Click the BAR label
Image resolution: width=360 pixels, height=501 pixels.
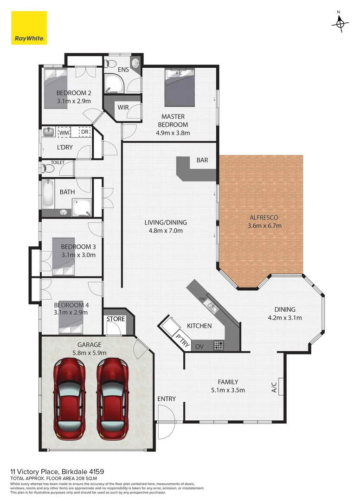[x=202, y=160]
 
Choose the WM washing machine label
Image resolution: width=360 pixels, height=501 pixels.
[x=63, y=133]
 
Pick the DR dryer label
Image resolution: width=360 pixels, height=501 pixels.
[x=84, y=133]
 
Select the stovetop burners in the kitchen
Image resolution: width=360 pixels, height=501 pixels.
[x=219, y=345]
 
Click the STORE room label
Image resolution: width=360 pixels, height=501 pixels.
[x=115, y=319]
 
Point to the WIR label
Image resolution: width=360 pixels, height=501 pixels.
[x=123, y=107]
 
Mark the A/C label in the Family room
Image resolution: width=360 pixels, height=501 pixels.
[x=274, y=385]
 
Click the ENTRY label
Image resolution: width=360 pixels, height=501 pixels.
[x=167, y=398]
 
